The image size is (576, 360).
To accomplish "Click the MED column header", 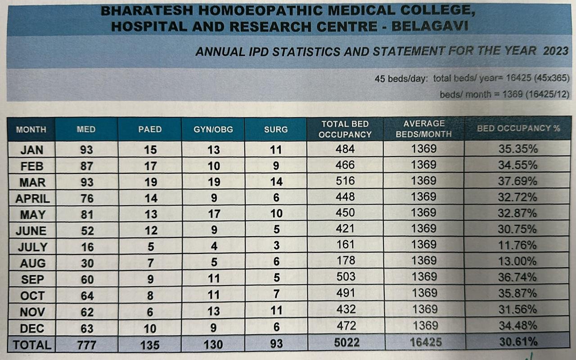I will point(86,129).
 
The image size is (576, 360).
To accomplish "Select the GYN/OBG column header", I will point(214,129).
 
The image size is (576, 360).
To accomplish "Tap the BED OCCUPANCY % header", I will point(518,128).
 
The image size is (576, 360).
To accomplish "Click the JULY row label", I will point(32,247).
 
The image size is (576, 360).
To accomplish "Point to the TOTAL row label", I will point(32,345).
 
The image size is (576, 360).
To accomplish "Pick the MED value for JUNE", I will point(87,231).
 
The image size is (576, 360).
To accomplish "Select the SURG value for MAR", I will point(276,182).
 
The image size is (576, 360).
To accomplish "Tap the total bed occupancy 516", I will point(345,181).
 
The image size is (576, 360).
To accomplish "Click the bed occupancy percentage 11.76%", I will point(517,245).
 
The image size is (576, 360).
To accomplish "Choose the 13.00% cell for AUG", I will point(517,261).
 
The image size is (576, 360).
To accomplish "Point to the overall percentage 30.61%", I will point(518,342).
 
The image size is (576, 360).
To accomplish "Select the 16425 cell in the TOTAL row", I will point(423,342).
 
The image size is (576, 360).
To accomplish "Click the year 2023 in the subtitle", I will point(556,51).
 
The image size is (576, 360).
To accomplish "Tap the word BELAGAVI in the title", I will point(430,27).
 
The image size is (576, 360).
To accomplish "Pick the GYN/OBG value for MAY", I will point(214,214).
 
